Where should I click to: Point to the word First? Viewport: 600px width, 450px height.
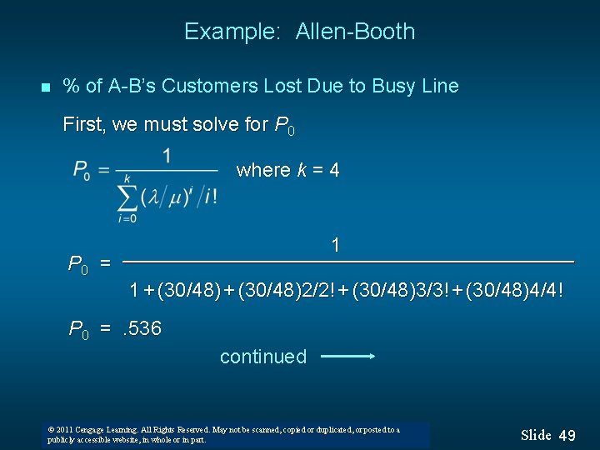point(83,125)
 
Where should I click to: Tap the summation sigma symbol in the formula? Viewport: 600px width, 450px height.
point(127,197)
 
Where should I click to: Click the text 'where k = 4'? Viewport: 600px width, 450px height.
point(287,170)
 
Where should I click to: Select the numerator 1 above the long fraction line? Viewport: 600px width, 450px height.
point(335,246)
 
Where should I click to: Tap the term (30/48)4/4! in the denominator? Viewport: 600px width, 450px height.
point(514,291)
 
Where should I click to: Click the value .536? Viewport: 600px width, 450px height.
point(142,328)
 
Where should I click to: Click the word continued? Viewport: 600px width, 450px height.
point(263,357)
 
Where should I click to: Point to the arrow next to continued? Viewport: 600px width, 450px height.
point(347,357)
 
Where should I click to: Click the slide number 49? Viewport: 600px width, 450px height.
point(567,435)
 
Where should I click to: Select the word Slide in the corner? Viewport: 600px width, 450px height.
point(536,435)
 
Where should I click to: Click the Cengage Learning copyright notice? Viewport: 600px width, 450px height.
point(225,434)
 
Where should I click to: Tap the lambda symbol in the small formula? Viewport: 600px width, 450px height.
point(152,197)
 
